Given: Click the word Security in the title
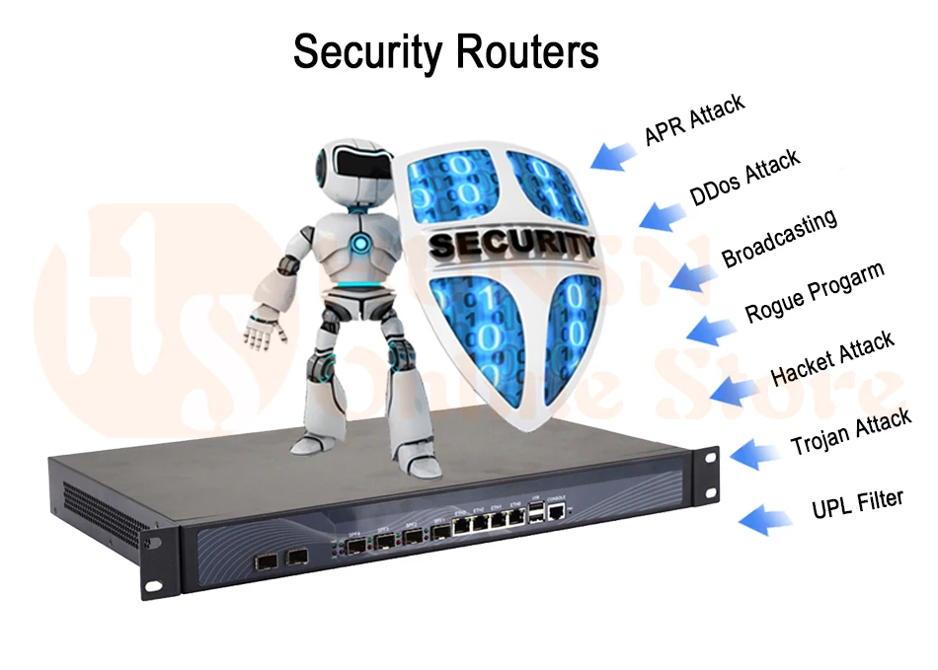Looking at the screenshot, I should [x=359, y=51].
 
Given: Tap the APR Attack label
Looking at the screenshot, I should [x=694, y=120].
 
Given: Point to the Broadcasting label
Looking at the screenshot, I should [x=779, y=238].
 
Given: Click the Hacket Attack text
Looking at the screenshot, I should [x=832, y=359].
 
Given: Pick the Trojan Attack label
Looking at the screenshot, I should [x=851, y=434].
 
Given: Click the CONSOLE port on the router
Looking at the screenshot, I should [x=558, y=513].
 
